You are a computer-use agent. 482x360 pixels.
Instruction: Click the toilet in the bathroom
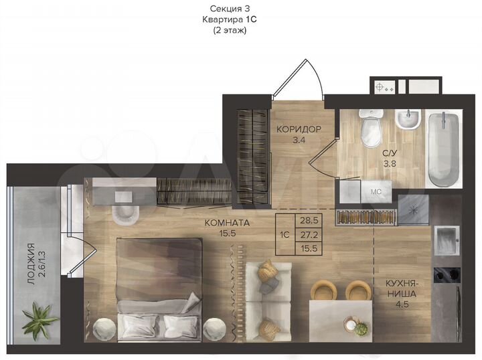pos(370,131)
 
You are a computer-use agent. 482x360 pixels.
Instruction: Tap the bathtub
pos(444,150)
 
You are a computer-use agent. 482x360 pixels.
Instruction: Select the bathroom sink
pos(407,120)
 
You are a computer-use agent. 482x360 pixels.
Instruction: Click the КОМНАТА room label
pos(227,223)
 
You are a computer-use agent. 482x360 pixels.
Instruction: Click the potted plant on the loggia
pos(39,320)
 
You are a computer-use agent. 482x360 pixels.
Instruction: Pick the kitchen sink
pos(446,238)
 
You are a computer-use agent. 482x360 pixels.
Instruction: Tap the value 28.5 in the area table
pos(309,219)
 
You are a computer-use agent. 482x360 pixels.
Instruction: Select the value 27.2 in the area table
pos(309,234)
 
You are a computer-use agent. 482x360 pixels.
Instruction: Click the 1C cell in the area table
pos(284,235)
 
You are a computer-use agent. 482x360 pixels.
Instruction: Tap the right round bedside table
pos(215,329)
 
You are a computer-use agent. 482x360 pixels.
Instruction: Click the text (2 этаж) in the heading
pos(230,31)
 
